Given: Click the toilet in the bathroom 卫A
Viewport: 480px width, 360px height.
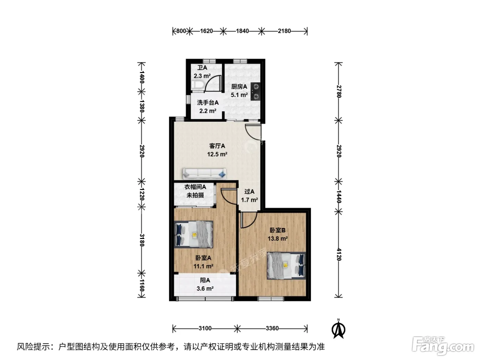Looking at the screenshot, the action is click(x=197, y=85).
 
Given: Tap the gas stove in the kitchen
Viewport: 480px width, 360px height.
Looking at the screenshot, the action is click(x=255, y=91).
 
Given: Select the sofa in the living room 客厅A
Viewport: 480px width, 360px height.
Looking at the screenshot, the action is click(x=204, y=173).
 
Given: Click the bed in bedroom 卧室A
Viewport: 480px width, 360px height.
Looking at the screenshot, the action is click(x=193, y=234).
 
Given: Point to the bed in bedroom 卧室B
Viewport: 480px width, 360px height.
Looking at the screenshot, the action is click(x=286, y=266).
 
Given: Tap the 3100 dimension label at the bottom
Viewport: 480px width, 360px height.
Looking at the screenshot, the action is click(x=205, y=328).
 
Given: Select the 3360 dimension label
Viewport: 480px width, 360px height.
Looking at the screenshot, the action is click(x=272, y=328).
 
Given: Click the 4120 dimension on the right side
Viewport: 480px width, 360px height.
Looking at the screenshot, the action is click(x=339, y=254).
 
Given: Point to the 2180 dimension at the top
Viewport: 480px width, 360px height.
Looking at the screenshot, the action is click(x=284, y=31).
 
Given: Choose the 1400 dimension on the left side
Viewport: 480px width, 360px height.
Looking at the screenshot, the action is click(x=142, y=77).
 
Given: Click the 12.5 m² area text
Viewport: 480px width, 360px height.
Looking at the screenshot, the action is click(x=217, y=154).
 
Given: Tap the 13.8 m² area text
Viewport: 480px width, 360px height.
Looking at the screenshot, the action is click(x=278, y=239).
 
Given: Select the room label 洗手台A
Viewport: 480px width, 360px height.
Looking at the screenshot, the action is click(x=208, y=103).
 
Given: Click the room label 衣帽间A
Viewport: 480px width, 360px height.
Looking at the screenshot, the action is click(x=195, y=187).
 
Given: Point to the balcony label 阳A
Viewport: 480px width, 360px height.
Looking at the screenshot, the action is click(x=205, y=280).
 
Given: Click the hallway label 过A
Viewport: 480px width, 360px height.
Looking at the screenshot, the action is click(x=249, y=192).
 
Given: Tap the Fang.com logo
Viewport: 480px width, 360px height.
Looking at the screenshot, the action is click(x=443, y=346).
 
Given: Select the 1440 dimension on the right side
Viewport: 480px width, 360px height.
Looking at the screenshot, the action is click(x=339, y=196).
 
